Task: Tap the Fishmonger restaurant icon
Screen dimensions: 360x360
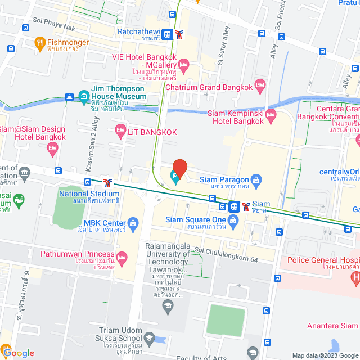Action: click(39, 42)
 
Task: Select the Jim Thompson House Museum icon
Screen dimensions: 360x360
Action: click(83, 96)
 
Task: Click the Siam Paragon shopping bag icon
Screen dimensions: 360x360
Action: click(256, 180)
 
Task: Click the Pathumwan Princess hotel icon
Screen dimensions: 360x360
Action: click(121, 257)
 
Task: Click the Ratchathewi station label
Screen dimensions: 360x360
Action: click(138, 32)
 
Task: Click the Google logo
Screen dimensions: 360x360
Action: click(18, 353)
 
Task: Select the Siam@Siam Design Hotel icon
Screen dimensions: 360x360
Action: click(53, 148)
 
